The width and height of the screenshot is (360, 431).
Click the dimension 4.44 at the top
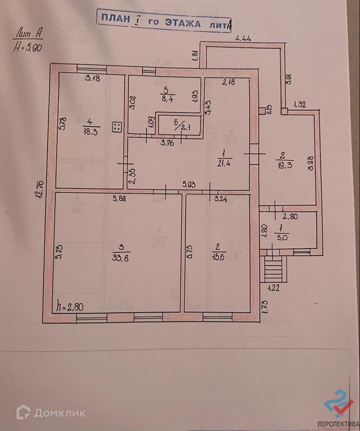(x=243, y=39)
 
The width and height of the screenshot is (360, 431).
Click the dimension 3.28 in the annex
(x=311, y=163)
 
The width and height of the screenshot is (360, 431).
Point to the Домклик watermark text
(x=59, y=413)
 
